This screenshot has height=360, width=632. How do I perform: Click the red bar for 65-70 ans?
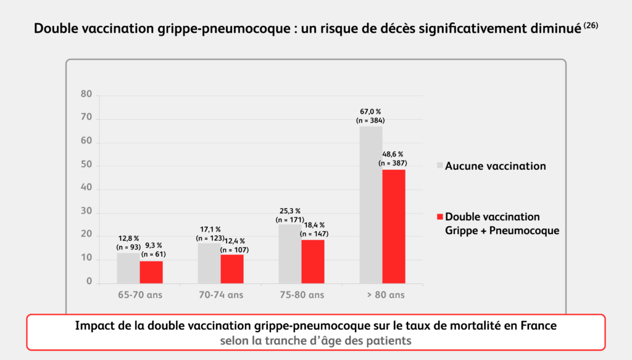click(x=151, y=272)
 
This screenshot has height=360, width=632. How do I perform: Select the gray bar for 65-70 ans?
click(x=128, y=268)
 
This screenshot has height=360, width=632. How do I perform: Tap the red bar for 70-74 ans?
click(x=232, y=269)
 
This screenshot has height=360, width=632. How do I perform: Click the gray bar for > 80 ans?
click(x=371, y=204)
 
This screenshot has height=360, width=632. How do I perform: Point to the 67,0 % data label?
click(x=371, y=112)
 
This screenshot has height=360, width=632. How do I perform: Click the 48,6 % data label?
click(x=393, y=154)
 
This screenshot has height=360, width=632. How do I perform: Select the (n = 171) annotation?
click(x=290, y=219)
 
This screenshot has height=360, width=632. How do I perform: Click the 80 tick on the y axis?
click(x=86, y=94)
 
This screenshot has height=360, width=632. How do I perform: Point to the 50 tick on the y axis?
click(x=86, y=165)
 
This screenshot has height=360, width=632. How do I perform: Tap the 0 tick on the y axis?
click(x=89, y=282)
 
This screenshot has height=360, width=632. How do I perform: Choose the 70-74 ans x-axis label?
click(x=220, y=295)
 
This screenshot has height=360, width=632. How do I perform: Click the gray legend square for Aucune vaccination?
click(x=440, y=166)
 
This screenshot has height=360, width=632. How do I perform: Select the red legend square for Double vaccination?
click(x=440, y=217)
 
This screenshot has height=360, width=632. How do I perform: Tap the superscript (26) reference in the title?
click(x=591, y=26)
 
